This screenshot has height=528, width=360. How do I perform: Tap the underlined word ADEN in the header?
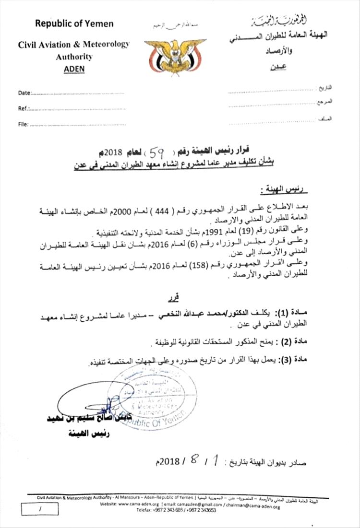[74, 68]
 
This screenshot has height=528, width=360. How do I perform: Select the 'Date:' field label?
[25, 93]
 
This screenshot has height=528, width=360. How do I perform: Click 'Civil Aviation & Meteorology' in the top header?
[74, 45]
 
